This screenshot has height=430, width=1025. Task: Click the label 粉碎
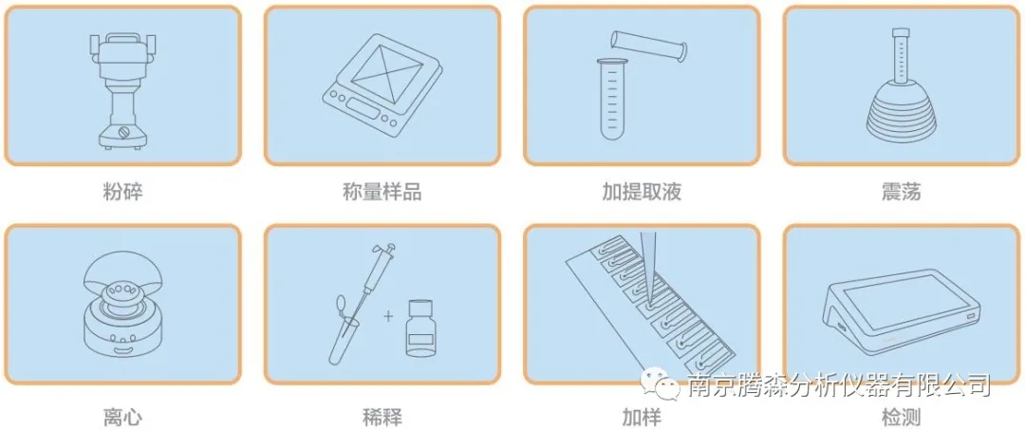pyautogui.click(x=122, y=192)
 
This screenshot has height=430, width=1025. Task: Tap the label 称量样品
pyautogui.click(x=382, y=192)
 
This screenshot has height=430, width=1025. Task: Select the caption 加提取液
pyautogui.click(x=642, y=192)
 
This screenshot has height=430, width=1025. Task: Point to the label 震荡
pyautogui.click(x=901, y=192)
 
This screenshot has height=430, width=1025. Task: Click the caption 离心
pyautogui.click(x=122, y=417)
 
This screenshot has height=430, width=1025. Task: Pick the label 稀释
pyautogui.click(x=382, y=417)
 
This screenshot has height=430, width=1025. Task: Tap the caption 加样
pyautogui.click(x=642, y=417)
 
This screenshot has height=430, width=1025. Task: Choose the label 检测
pyautogui.click(x=901, y=417)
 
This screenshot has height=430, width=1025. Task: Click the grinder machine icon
pyautogui.click(x=122, y=90)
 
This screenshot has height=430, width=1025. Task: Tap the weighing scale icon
pyautogui.click(x=382, y=85)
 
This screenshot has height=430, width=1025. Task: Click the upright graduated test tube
pyautogui.click(x=613, y=99)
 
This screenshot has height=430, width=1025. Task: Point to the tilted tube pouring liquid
pyautogui.click(x=648, y=46)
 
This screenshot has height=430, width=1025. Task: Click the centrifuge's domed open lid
pyautogui.click(x=122, y=281)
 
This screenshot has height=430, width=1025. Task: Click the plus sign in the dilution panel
pyautogui.click(x=389, y=317)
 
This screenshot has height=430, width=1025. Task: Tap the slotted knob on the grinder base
pyautogui.click(x=122, y=133)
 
